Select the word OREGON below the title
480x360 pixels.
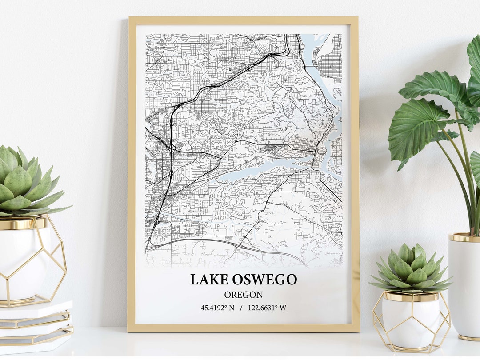tap(243, 295)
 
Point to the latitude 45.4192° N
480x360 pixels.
tap(217, 308)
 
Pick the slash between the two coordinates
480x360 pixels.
tap(241, 308)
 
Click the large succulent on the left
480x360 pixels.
tap(24, 182)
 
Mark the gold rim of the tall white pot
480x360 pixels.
tap(464, 237)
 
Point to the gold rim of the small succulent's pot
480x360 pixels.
tap(411, 296)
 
